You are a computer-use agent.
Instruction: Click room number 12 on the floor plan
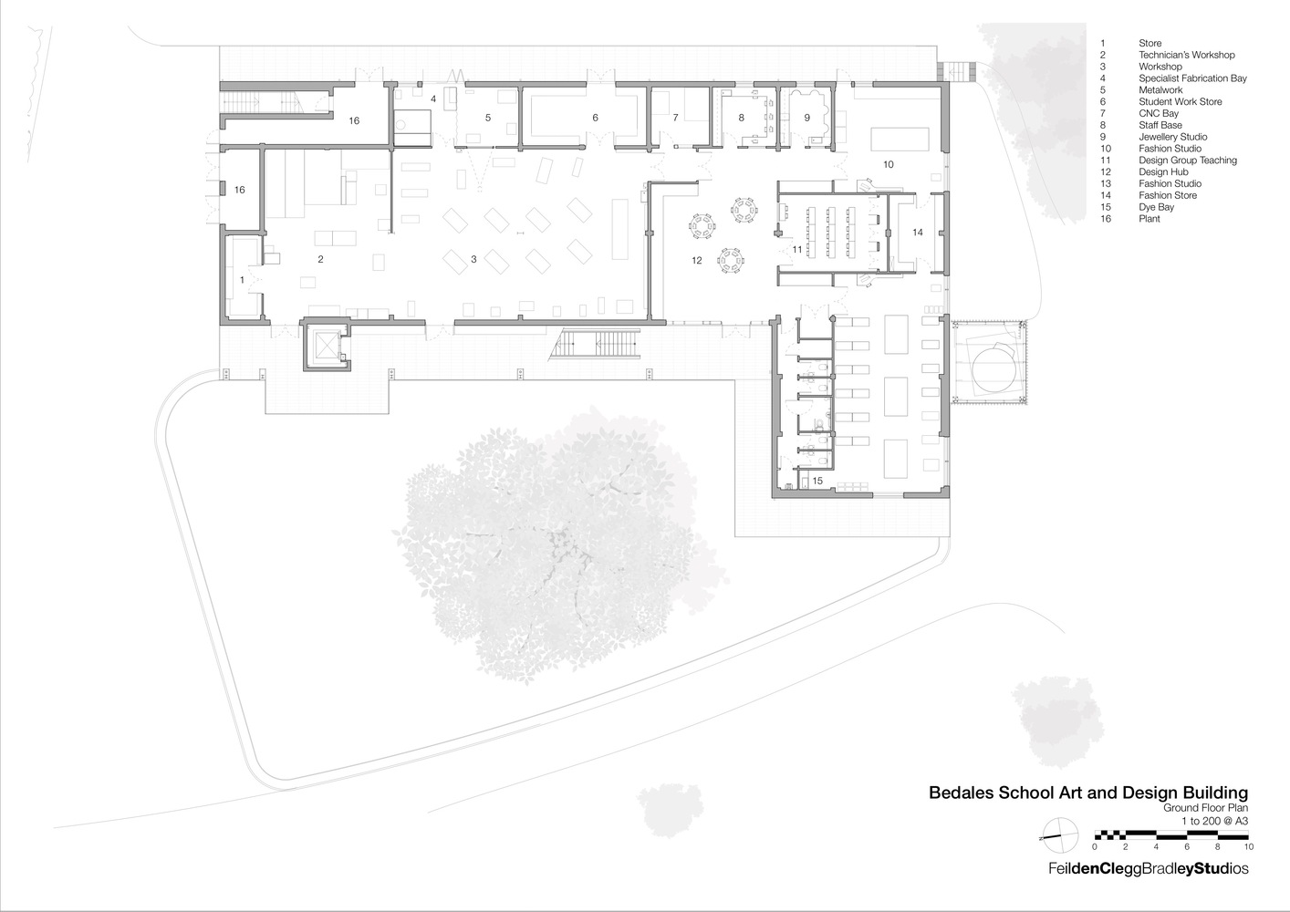697,260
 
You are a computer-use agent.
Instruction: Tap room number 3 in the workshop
473,260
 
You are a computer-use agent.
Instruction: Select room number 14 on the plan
917,233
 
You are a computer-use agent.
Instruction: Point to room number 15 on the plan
817,481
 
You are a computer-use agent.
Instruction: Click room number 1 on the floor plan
242,280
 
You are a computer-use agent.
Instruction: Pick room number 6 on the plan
595,118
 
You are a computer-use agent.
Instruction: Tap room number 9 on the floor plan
806,118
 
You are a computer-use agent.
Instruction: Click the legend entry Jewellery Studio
1172,137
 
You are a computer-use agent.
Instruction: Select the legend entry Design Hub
1162,171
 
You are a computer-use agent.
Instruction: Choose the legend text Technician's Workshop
1186,55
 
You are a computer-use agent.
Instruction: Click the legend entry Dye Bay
1156,207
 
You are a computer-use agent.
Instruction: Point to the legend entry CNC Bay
1158,113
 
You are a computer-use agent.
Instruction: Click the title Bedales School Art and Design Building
1087,793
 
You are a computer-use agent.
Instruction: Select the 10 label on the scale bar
1248,846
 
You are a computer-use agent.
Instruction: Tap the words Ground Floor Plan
1204,808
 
